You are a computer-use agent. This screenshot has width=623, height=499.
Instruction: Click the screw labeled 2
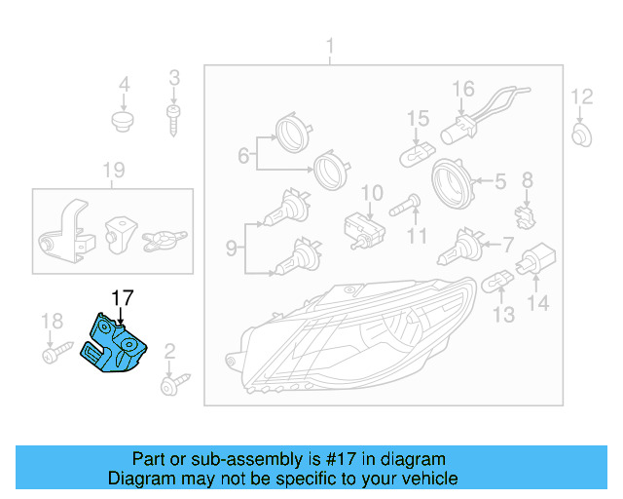coord(173,383)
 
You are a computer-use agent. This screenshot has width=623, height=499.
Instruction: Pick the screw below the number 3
coord(174,121)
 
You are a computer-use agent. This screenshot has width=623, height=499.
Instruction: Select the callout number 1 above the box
coord(329,46)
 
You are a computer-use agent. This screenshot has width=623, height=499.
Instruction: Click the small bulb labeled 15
coord(420,153)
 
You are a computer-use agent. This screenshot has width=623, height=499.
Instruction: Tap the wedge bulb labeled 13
coord(496,283)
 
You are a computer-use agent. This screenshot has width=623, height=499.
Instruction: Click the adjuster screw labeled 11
coord(404,206)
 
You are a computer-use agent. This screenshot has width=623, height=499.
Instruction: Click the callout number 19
coord(115,172)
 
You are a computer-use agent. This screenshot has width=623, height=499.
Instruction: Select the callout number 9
coord(232,249)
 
